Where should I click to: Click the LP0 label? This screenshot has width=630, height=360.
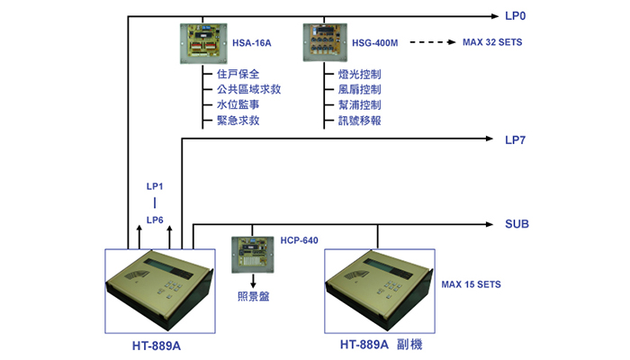coord(515,16)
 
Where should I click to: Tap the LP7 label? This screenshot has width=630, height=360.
coord(515,140)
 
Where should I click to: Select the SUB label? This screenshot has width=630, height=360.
coord(517,224)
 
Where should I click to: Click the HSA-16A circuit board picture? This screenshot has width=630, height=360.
coord(203,43)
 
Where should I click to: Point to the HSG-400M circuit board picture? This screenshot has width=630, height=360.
coord(325,42)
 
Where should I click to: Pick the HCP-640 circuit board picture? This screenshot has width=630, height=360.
coord(253,255)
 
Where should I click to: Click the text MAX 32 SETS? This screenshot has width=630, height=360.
coord(492,42)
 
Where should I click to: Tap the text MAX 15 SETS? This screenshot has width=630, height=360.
coord(472,284)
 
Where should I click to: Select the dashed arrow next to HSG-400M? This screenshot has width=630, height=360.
coord(433,42)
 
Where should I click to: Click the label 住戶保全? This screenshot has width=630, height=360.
coord(238,74)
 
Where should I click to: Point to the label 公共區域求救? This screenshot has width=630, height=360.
coord(248,89)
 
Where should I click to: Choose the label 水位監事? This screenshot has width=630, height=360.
coord(238,105)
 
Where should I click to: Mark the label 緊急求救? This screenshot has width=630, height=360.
coord(238,121)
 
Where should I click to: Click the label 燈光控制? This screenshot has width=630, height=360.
coord(360,75)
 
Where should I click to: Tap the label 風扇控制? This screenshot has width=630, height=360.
coord(360,90)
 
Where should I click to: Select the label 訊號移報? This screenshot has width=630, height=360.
coord(360,121)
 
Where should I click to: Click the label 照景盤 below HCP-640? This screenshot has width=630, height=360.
coord(253,296)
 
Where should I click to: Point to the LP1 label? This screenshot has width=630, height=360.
coord(155,186)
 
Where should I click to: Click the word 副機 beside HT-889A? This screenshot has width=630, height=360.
coord(409,345)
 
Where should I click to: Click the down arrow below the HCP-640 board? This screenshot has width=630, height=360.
coord(253,281)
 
